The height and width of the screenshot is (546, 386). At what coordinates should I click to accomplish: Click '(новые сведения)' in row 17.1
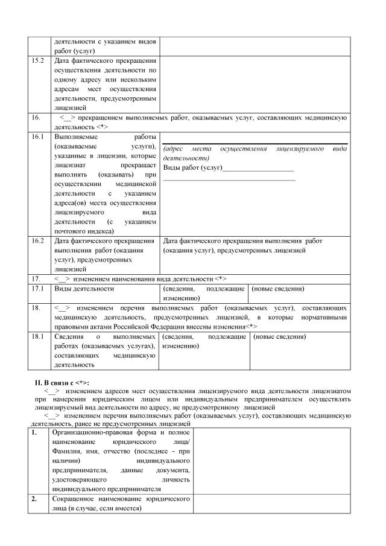coord(278,289)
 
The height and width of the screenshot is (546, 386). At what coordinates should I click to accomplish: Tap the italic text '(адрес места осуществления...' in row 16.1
coord(255,152)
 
